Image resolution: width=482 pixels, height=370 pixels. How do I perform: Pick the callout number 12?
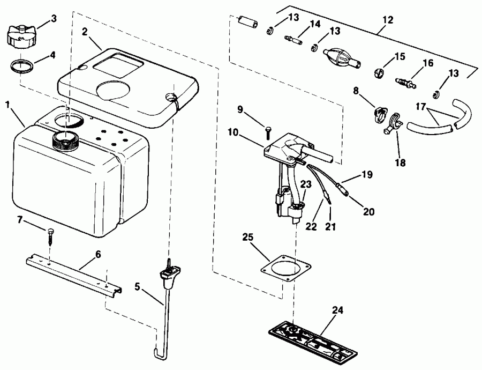[x=388, y=20]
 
